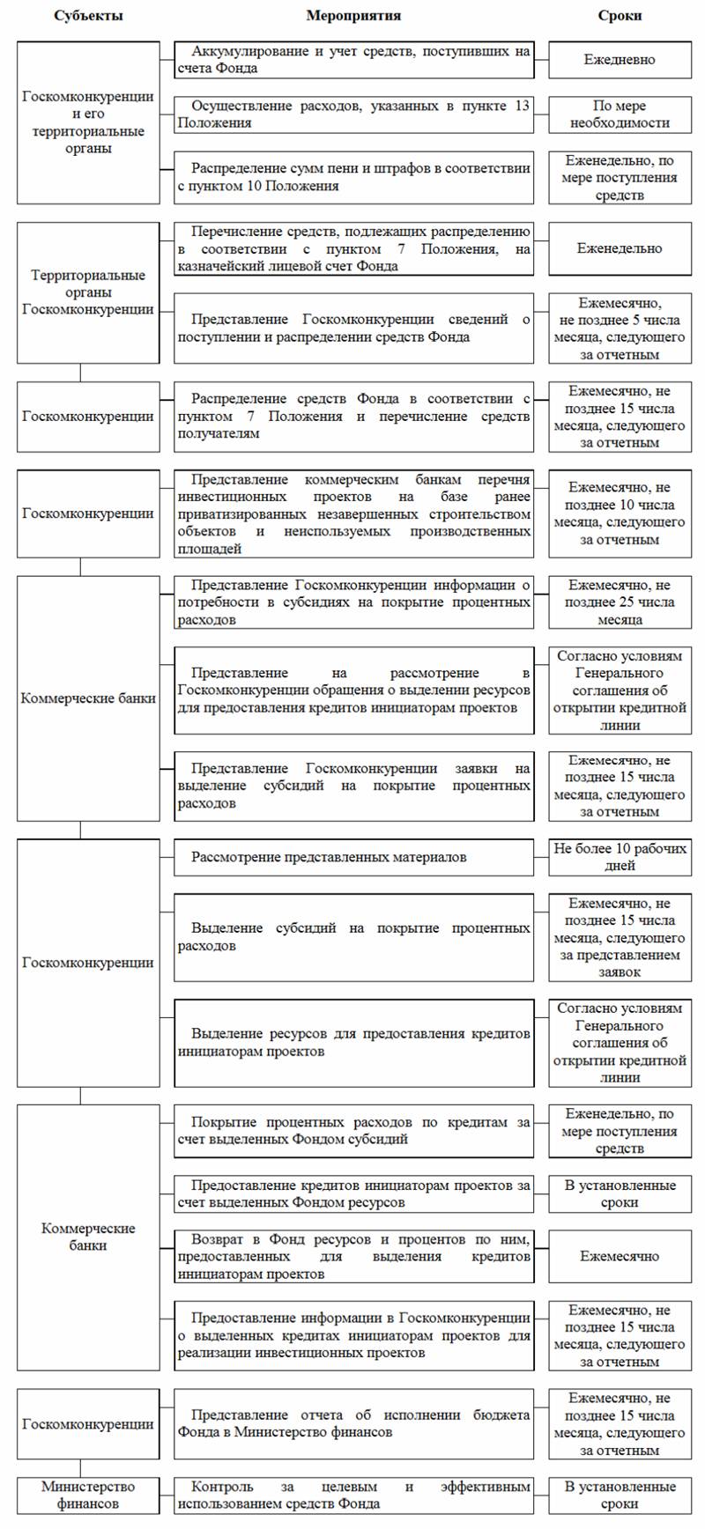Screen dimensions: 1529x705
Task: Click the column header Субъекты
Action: pos(88,16)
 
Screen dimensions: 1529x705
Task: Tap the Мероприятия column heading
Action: pos(353,16)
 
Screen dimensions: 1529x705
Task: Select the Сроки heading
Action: pos(620,16)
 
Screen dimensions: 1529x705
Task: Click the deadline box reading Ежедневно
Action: pos(620,60)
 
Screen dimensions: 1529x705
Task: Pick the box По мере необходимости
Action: pos(620,114)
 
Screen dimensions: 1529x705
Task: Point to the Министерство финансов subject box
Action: pos(88,1495)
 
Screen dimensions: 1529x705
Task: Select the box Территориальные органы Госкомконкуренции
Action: pos(88,292)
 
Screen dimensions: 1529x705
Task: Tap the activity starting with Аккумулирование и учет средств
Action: pos(353,60)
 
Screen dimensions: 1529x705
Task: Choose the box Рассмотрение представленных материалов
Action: pos(353,857)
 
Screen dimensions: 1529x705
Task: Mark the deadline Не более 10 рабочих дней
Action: pos(620,857)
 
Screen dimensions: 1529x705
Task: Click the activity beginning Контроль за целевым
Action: pos(353,1495)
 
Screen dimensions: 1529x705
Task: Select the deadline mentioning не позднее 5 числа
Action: pos(620,329)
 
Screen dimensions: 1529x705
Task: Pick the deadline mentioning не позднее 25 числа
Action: pos(620,602)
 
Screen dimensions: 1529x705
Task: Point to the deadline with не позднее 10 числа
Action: pos(620,513)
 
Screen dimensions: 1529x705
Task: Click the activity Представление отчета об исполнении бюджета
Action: pos(353,1424)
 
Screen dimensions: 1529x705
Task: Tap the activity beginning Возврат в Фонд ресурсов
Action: pos(353,1256)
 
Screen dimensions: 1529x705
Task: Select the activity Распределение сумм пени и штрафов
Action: pos(353,177)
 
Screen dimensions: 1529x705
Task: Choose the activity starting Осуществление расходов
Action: pos(353,114)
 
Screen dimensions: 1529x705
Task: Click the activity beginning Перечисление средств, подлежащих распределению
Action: pos(353,248)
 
